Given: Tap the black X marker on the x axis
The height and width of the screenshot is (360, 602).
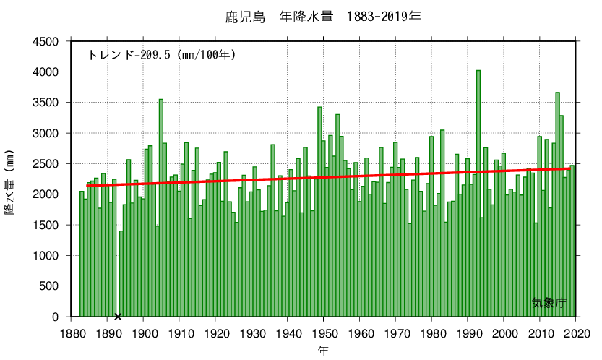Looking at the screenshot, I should [x=118, y=316].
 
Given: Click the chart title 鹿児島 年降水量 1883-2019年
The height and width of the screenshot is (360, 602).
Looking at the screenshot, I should [x=322, y=16].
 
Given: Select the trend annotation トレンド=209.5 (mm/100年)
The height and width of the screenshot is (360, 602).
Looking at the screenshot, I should [x=161, y=54].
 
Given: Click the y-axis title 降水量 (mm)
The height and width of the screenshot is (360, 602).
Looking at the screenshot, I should [x=10, y=186].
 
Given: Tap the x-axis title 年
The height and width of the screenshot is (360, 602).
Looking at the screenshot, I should [x=324, y=351].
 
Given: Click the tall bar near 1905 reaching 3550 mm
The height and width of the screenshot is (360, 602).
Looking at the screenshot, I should [x=161, y=210].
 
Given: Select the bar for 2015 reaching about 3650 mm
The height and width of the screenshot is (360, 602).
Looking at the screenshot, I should [x=557, y=206].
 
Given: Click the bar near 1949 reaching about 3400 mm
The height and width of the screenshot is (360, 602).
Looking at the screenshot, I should [x=319, y=213].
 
